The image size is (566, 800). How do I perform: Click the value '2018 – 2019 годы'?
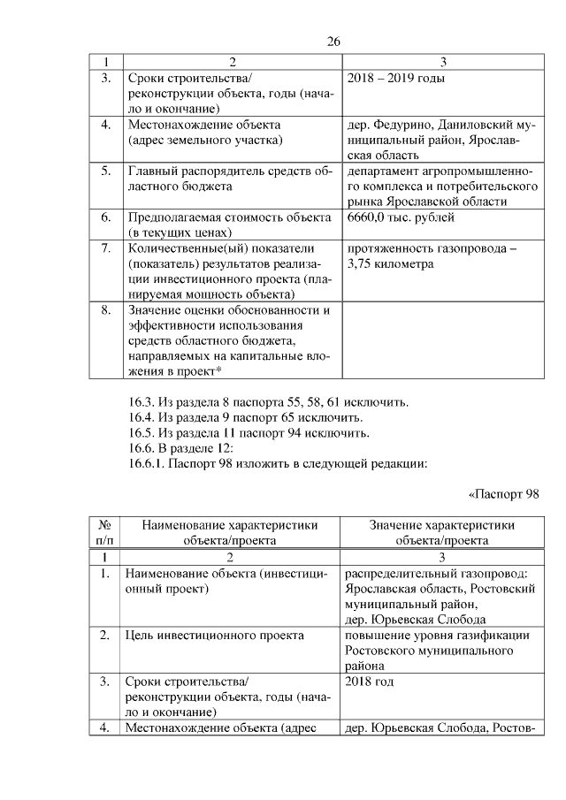coord(395,80)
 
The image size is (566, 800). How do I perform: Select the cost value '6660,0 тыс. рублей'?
coord(402,217)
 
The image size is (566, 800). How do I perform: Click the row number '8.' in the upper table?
coord(105,310)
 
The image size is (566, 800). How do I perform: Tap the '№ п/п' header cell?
coord(105,531)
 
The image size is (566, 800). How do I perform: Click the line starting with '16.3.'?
coord(269,402)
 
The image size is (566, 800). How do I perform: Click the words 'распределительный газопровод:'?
coord(436,575)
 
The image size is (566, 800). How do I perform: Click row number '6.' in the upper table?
coord(105,217)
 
